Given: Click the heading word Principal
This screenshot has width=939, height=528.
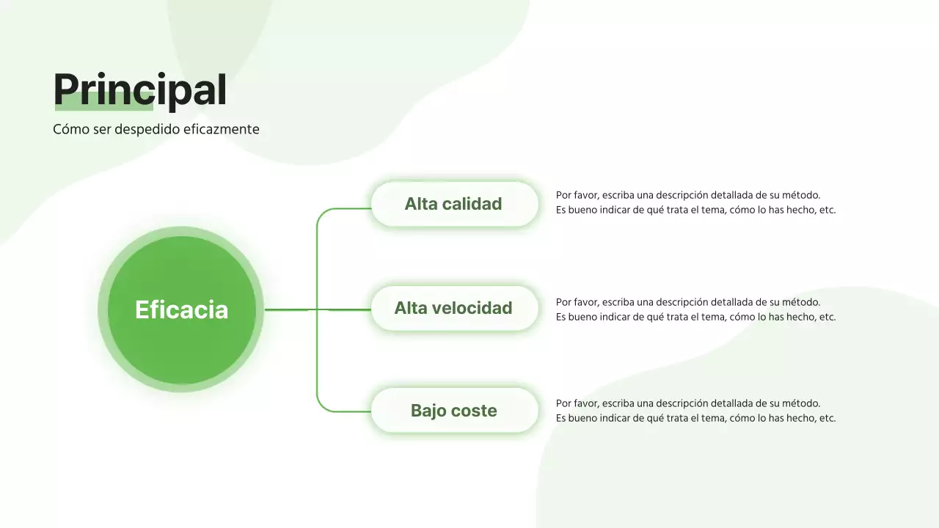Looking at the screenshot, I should [x=139, y=89].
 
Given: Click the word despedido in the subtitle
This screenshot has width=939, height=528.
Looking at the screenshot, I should [x=147, y=130].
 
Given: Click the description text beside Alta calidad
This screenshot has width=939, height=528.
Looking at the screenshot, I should [x=695, y=202].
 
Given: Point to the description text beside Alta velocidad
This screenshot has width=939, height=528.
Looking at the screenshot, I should [x=695, y=309].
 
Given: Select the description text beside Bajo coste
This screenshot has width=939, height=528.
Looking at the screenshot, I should [x=695, y=411].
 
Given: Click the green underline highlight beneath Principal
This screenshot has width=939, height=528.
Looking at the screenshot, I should [x=103, y=106].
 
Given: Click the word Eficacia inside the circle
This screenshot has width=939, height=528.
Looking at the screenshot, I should [x=181, y=309].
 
